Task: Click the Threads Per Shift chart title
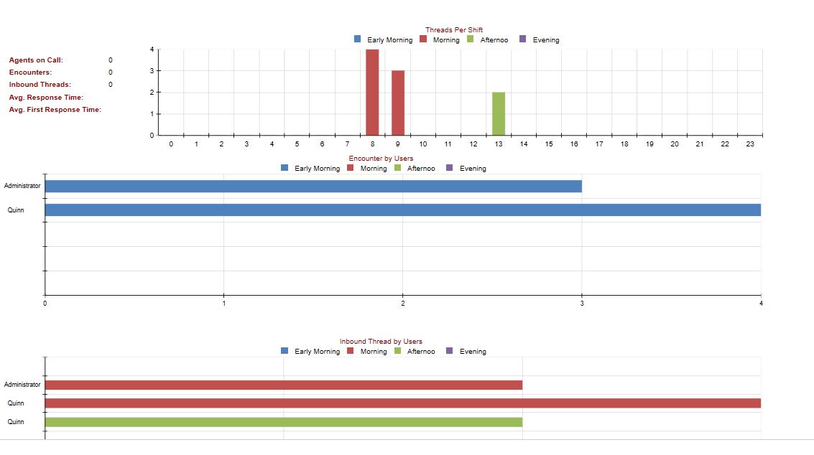454,30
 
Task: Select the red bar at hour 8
372,93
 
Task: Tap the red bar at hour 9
397,103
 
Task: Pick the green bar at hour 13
499,113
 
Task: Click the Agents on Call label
36,60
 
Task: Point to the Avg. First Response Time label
55,110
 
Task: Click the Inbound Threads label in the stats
40,85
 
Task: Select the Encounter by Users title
381,159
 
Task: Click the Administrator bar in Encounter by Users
313,187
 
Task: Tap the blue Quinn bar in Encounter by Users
403,210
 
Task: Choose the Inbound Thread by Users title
381,342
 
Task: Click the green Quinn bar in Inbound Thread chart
284,422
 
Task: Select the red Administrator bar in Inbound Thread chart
284,385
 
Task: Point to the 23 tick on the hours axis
750,144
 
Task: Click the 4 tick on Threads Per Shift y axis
152,50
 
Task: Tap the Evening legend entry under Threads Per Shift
540,39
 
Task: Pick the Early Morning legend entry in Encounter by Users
310,168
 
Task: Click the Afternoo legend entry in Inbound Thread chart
415,351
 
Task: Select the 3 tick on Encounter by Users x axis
582,304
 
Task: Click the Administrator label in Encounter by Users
22,186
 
